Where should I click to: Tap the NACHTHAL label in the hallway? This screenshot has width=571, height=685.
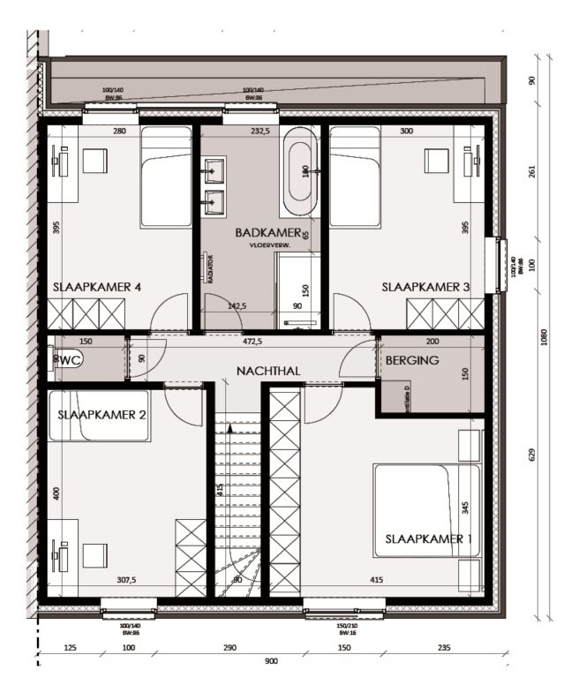[x=268, y=371]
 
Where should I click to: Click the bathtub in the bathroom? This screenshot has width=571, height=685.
[x=299, y=171]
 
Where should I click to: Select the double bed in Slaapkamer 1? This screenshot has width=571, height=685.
[x=427, y=510]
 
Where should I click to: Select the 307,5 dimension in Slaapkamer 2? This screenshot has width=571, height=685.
[x=127, y=580]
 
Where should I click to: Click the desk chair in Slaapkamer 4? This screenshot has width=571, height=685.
[x=94, y=161]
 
